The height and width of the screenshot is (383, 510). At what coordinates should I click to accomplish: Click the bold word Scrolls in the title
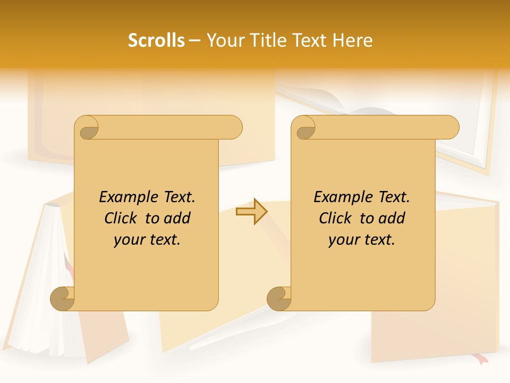(156, 40)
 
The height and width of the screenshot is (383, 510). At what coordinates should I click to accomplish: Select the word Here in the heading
(353, 40)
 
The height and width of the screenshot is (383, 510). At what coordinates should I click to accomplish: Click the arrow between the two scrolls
(251, 212)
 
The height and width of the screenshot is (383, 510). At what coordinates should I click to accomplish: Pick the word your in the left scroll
(127, 240)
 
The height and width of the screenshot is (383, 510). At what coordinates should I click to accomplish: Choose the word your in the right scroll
(342, 240)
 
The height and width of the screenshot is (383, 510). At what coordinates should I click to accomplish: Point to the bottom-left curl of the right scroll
(279, 298)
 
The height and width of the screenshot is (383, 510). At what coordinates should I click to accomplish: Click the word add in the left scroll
(177, 218)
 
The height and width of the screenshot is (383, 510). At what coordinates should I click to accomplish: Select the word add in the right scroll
(392, 218)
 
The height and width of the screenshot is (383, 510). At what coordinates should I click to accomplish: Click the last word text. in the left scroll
(163, 240)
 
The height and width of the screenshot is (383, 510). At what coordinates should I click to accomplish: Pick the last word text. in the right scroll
(378, 240)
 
